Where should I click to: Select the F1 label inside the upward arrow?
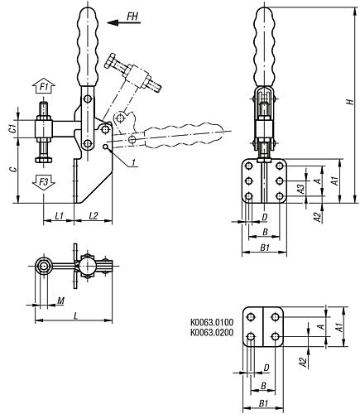coord(44,86)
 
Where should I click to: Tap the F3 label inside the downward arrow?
coord(44,181)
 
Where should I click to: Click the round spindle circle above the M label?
coord(43,267)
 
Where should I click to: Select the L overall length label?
coord(75,317)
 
